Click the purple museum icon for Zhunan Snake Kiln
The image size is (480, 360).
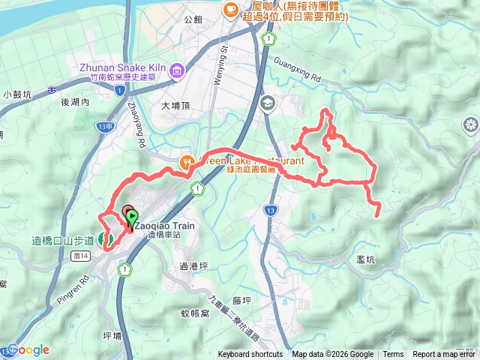(x=177, y=72)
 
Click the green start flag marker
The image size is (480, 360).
(x=132, y=218)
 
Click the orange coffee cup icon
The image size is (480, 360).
(x=230, y=9)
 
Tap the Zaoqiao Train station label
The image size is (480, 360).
(x=167, y=225)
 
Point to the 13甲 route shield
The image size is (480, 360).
(x=104, y=127)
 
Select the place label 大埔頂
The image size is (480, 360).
(x=177, y=106)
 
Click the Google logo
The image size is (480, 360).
(x=29, y=349)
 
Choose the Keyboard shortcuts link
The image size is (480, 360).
(x=250, y=355)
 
